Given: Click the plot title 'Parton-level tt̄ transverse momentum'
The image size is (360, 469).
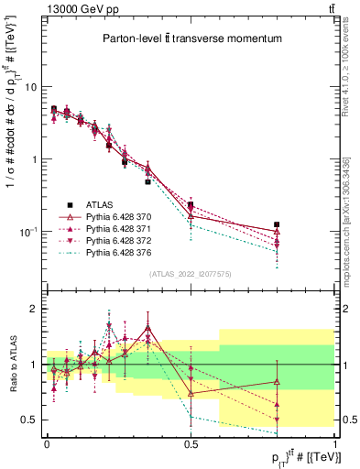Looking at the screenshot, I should point(191,38).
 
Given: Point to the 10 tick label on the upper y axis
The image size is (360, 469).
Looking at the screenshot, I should point(30,87).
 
